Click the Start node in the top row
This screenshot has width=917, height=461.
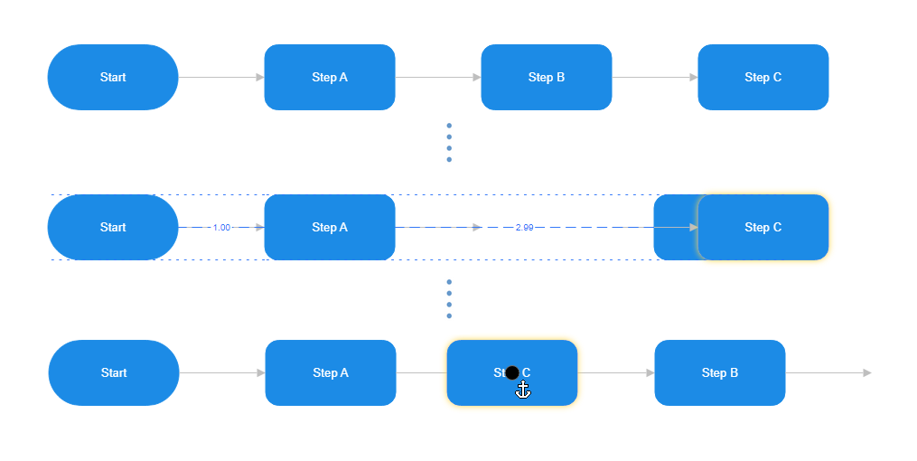[113, 77]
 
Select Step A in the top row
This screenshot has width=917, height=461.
[329, 77]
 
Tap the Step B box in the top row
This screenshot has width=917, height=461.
[546, 77]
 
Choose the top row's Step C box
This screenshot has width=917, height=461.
[763, 77]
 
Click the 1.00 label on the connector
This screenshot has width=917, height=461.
[221, 228]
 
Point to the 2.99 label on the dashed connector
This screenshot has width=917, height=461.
[524, 228]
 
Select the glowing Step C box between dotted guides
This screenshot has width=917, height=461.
[763, 227]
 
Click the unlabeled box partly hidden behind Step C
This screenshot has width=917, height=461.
[674, 227]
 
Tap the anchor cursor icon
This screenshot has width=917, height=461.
[523, 390]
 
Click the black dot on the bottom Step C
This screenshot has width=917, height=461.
[512, 372]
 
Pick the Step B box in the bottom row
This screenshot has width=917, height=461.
[719, 372]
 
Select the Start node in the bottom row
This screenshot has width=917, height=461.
[114, 372]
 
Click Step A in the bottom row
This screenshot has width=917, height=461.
[330, 372]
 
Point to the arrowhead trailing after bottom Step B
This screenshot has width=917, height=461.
[867, 372]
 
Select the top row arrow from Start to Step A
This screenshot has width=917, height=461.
[221, 77]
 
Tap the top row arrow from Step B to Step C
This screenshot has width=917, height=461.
[655, 77]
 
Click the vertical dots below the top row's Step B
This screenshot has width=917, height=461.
[449, 143]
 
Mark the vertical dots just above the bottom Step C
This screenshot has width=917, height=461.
[449, 299]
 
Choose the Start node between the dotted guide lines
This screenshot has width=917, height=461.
[113, 227]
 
